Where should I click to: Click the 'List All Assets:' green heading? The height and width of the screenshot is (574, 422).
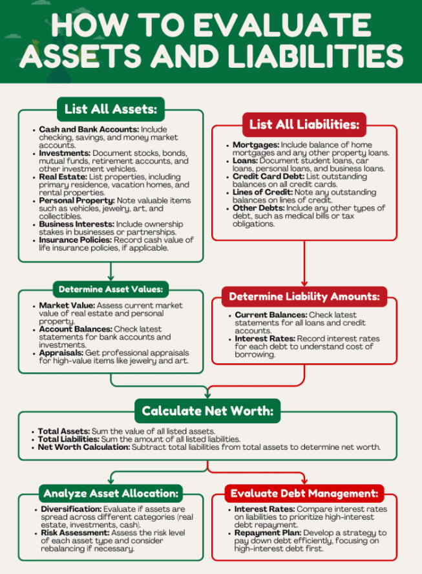point(111,108)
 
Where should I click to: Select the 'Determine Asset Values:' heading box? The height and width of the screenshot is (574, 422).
point(111,289)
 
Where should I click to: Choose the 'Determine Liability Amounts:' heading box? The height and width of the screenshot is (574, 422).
point(304,297)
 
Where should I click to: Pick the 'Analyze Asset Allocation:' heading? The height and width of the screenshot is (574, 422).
point(111,494)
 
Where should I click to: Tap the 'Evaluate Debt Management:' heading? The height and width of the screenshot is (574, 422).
point(304,494)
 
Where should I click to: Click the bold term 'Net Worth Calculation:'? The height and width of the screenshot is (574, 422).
point(83,447)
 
